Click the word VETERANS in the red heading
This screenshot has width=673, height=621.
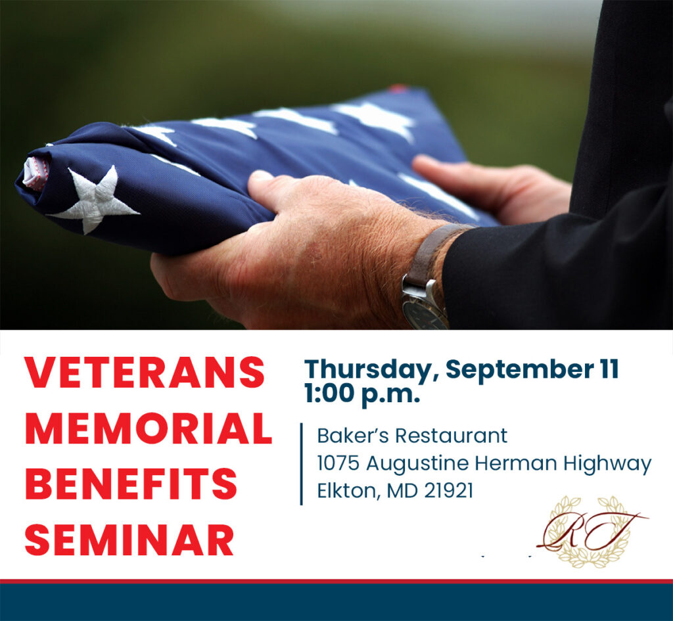coord(145,373)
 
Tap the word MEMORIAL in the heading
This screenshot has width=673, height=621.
coord(149,428)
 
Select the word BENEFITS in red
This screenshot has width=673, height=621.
coord(131,484)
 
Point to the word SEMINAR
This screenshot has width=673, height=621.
coord(129,540)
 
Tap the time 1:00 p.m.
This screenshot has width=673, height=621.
coord(362,394)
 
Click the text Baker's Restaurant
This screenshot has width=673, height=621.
coord(412,436)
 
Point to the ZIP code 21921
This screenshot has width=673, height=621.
coord(448,491)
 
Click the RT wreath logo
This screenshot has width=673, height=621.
coord(592,532)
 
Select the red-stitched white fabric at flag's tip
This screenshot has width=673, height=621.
coord(36,173)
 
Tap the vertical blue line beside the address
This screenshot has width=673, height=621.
coord(301,464)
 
